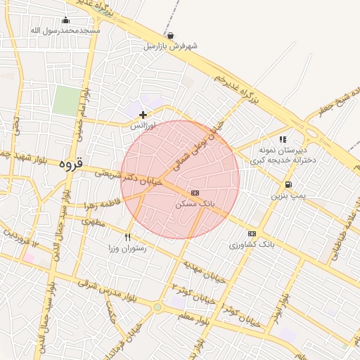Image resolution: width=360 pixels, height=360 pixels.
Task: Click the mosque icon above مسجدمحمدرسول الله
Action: [x=66, y=20]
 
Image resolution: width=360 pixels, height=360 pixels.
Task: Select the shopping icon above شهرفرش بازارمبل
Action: [x=171, y=35]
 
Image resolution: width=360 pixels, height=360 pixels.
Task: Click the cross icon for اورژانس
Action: [x=143, y=114]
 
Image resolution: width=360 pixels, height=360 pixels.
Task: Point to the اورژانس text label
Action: [x=142, y=124]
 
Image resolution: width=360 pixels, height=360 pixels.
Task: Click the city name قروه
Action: [x=71, y=165]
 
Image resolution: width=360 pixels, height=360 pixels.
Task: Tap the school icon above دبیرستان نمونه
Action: [x=283, y=139]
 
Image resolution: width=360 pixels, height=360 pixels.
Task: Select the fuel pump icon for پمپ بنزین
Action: [x=289, y=184]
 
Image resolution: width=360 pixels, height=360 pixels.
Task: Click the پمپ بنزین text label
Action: [x=289, y=195]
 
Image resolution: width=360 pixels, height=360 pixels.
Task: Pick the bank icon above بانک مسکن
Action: [x=195, y=193]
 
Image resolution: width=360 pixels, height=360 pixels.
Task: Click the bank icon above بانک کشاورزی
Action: [x=252, y=234]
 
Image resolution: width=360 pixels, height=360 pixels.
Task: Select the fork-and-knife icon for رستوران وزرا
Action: [x=127, y=238]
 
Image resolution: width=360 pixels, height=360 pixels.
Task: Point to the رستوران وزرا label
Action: [x=127, y=248]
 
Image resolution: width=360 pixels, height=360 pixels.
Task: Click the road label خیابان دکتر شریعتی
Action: [x=133, y=176]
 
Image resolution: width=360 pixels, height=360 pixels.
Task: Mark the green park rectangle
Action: [x=65, y=101]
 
